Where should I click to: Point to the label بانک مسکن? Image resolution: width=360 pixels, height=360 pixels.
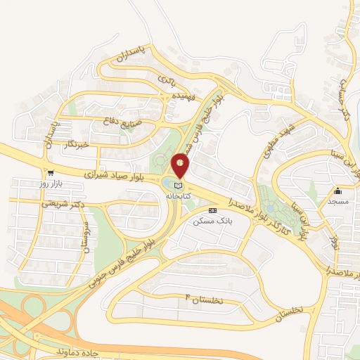click(212, 220)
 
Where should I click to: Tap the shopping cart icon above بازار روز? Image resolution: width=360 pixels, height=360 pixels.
click(50, 172)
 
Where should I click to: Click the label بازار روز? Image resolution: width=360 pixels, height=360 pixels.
click(50, 183)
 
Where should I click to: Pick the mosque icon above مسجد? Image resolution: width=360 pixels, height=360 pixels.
click(337, 191)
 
